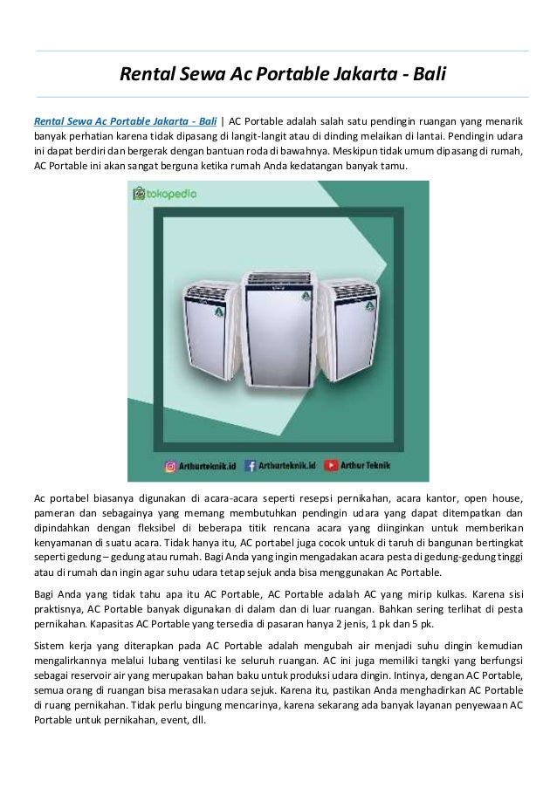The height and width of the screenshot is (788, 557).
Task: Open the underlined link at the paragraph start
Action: click(126, 120)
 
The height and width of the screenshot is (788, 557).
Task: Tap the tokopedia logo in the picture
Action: click(165, 193)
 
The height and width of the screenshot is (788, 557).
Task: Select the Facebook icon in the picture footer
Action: click(251, 467)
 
